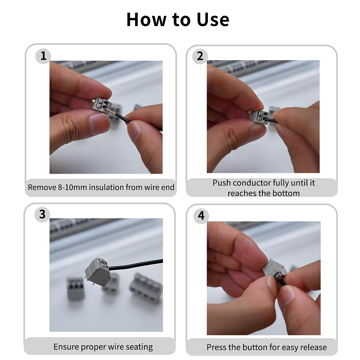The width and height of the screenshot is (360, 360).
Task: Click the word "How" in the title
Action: pyautogui.click(x=146, y=19)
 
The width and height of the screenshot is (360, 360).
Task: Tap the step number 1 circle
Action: pyautogui.click(x=43, y=56)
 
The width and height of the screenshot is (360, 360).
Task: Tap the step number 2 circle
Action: pyautogui.click(x=200, y=56)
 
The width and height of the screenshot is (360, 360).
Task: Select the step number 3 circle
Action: pyautogui.click(x=42, y=214)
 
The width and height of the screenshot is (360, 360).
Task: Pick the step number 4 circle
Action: pyautogui.click(x=201, y=216)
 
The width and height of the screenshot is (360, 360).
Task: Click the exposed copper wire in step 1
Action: pyautogui.click(x=110, y=110)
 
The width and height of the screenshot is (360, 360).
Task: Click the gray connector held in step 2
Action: pyautogui.click(x=259, y=117)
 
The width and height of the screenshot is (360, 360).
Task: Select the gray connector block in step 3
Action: pyautogui.click(x=97, y=272)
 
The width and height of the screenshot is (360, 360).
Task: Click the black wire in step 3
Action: pyautogui.click(x=136, y=264)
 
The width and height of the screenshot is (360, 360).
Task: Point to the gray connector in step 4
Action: pyautogui.click(x=274, y=270)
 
